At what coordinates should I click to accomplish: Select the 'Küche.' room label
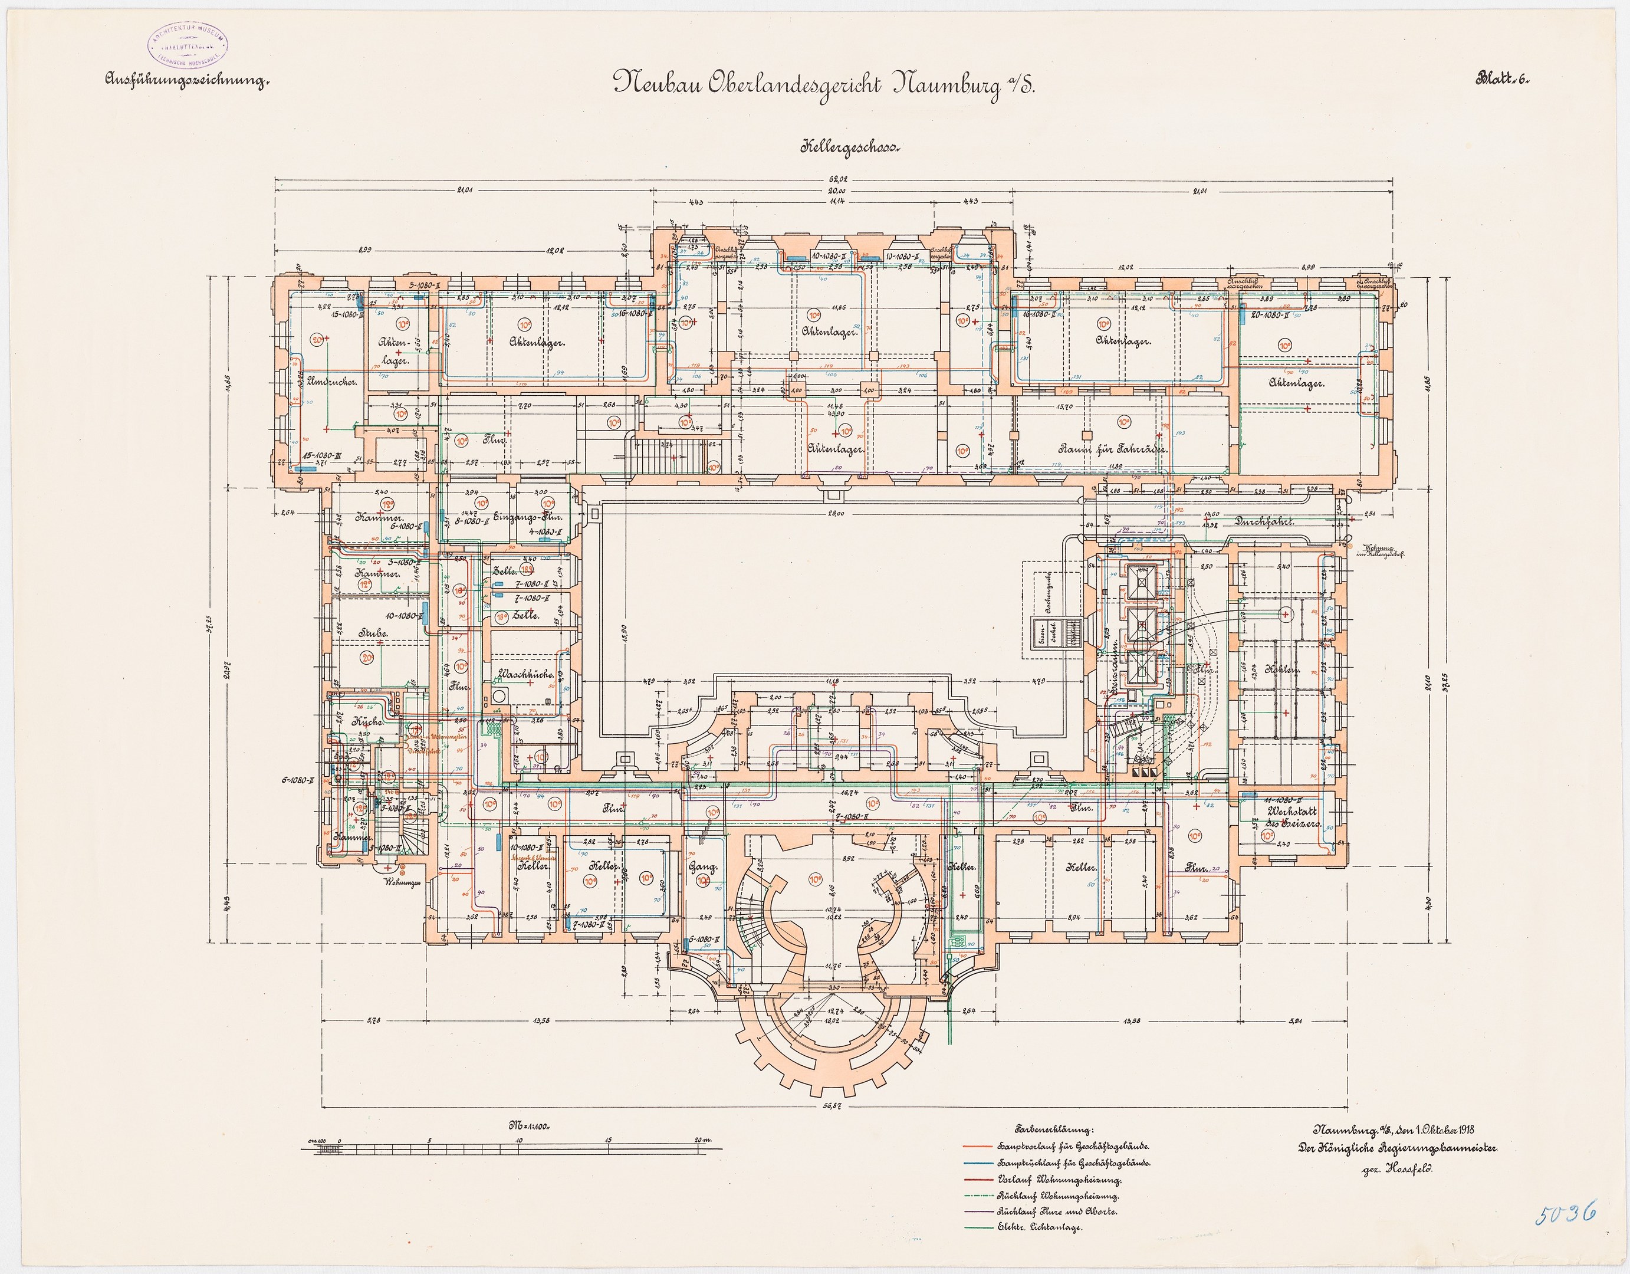[x=366, y=723]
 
